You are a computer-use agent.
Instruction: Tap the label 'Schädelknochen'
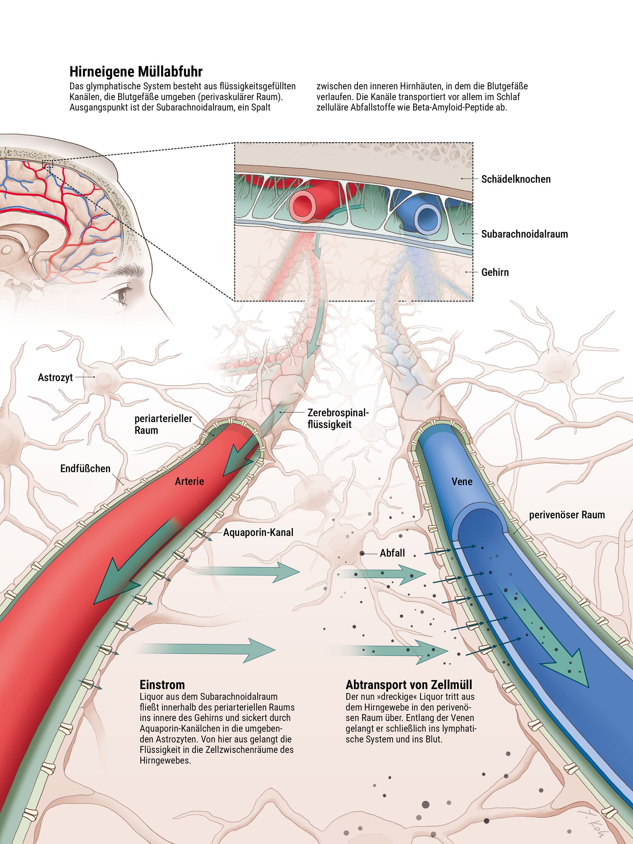coord(516,179)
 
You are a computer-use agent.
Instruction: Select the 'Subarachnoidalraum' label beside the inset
coord(524,234)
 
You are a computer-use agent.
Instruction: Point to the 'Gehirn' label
coord(495,272)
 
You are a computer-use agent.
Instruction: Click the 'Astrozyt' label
coord(55,378)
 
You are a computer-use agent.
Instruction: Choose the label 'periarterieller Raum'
coord(163,424)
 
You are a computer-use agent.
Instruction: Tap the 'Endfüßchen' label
coord(85,469)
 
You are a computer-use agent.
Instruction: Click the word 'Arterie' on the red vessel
coord(189,482)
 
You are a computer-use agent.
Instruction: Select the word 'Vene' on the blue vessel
coord(462,482)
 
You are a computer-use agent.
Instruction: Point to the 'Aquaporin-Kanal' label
coord(258,532)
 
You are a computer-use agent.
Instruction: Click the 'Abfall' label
coord(392,553)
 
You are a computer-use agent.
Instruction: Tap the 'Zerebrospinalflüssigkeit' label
coord(338,419)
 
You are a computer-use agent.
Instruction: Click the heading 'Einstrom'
coord(162,685)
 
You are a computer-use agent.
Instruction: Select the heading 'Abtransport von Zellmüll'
coord(409,685)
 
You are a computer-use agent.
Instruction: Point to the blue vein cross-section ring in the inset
coord(427,219)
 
